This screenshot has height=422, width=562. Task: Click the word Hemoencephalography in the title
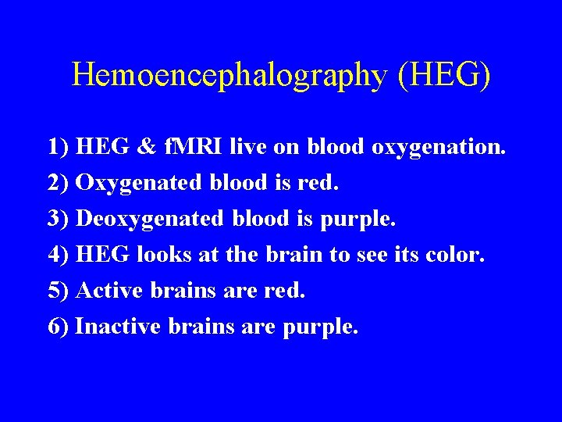click(229, 75)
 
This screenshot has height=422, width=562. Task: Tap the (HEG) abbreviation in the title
click(444, 75)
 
